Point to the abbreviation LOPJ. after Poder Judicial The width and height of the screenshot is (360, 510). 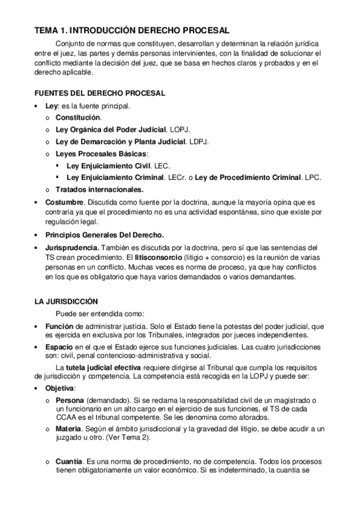click(180, 129)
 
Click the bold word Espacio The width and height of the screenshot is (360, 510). click(59, 347)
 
